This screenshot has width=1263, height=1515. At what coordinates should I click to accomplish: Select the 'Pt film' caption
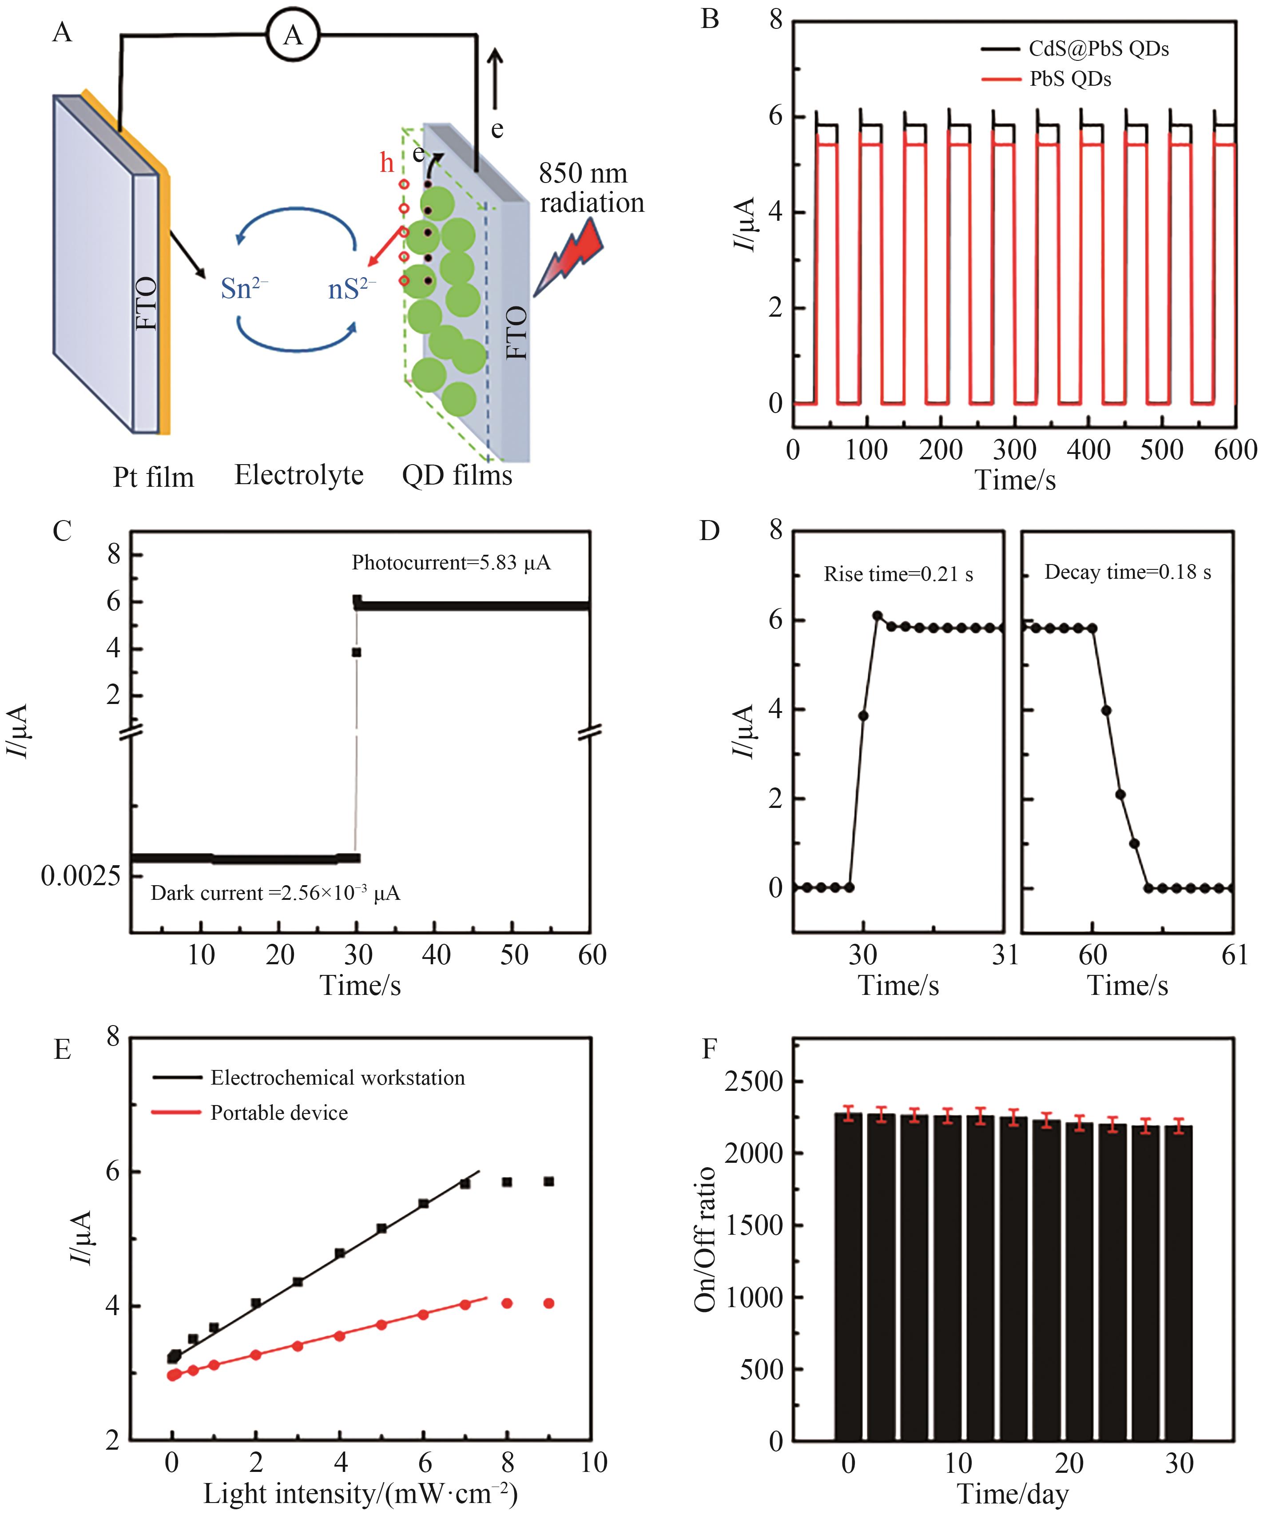pos(154,477)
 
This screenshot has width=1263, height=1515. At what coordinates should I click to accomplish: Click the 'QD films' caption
pos(457,475)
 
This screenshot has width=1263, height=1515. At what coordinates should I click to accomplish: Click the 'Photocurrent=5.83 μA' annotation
pos(451,563)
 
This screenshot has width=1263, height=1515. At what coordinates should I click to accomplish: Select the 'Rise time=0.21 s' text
pos(898,574)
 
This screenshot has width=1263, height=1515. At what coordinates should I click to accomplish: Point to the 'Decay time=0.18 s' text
pos(1128,572)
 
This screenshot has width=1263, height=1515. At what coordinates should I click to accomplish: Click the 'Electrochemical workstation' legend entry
pos(337,1078)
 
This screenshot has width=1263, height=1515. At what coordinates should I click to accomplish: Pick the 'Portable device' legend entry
pos(278,1113)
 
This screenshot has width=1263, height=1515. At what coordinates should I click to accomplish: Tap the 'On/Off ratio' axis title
pos(705,1239)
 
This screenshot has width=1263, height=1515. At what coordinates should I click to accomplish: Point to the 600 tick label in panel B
pos(1235,450)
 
